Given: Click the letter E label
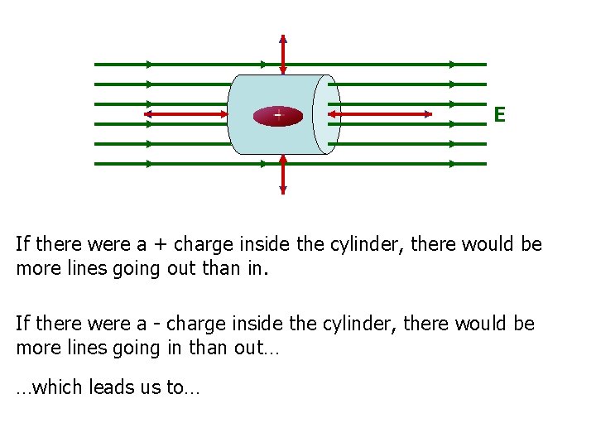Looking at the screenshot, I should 499,114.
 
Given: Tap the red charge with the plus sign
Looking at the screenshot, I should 278,116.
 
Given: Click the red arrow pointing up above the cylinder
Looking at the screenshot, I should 283,55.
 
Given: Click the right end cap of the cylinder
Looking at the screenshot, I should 328,114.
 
